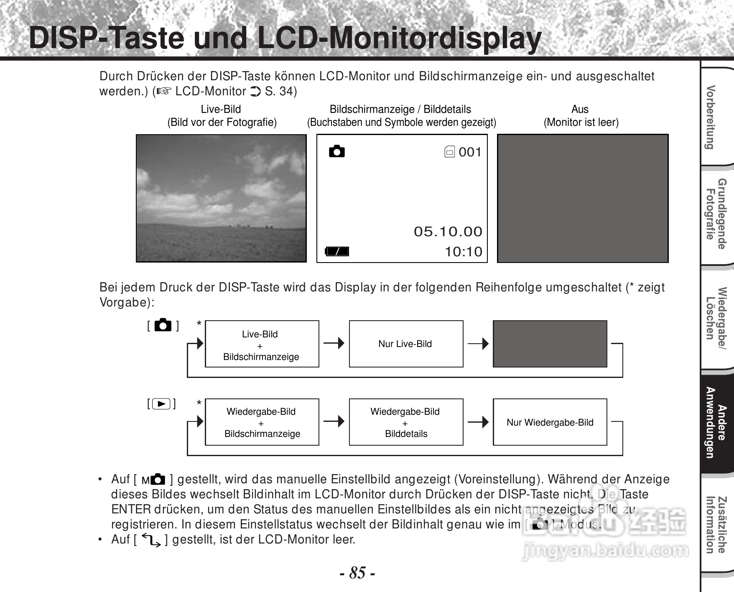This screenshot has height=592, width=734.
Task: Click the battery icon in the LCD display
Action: click(337, 251)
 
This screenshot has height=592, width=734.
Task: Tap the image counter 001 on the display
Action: click(470, 152)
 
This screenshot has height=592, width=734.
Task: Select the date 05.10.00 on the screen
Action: click(448, 232)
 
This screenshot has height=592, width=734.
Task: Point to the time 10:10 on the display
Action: click(464, 252)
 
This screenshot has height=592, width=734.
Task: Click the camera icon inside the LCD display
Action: click(337, 151)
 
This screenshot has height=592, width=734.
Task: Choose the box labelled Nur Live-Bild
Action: click(406, 344)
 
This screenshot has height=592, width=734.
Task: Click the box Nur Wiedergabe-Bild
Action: click(550, 422)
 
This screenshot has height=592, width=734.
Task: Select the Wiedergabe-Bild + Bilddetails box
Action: click(406, 422)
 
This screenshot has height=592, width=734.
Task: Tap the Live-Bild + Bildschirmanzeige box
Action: click(262, 344)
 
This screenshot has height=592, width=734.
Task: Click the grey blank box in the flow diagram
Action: click(550, 344)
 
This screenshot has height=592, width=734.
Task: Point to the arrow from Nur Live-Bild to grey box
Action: click(478, 344)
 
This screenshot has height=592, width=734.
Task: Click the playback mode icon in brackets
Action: click(161, 404)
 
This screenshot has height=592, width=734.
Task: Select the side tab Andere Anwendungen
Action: click(716, 422)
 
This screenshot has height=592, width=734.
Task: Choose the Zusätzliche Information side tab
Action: click(716, 525)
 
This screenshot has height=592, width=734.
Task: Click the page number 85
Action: click(357, 573)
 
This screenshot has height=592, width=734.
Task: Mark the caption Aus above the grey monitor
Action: click(580, 110)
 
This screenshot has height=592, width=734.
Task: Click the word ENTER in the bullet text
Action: click(131, 510)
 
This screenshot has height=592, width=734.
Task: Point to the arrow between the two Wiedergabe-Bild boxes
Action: click(334, 421)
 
